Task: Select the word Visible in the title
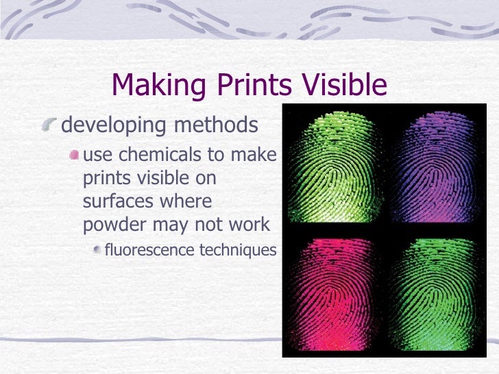[x=343, y=85]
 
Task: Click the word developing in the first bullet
[x=110, y=126]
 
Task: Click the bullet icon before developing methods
[x=49, y=125]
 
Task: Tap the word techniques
[x=237, y=250]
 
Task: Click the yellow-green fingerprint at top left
[x=333, y=164]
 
